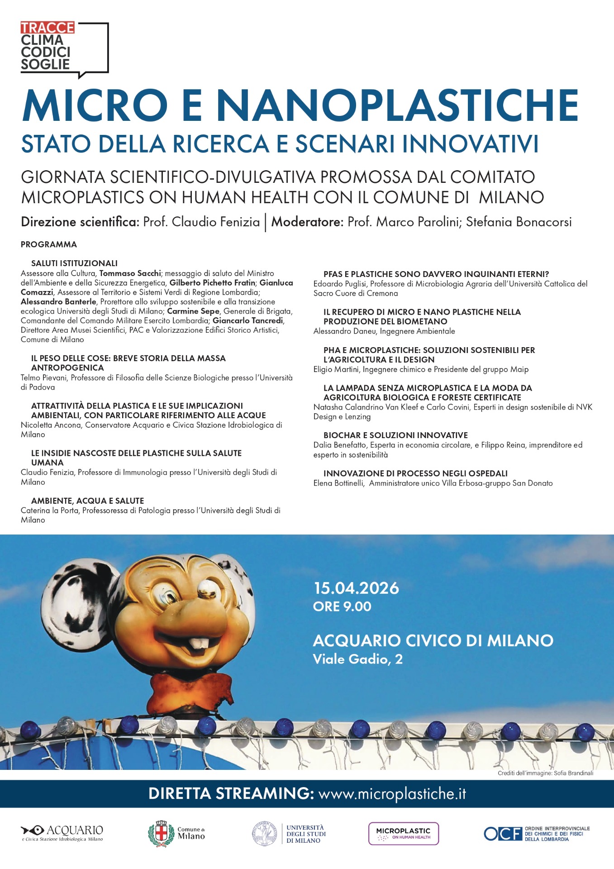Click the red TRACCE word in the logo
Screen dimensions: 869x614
click(47, 28)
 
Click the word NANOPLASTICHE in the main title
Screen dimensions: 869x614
click(397, 105)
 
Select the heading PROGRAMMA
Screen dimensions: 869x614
click(49, 244)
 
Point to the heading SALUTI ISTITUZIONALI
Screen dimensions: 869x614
click(74, 263)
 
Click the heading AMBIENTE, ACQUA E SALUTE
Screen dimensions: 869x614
click(87, 501)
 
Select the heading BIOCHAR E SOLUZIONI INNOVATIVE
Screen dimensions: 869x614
click(395, 435)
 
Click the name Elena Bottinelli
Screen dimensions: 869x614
click(338, 483)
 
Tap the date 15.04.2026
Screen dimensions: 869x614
click(356, 588)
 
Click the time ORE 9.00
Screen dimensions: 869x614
click(342, 606)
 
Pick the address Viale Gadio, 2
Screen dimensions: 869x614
click(357, 659)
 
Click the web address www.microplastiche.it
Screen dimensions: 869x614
click(392, 793)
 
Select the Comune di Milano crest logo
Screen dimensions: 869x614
click(161, 833)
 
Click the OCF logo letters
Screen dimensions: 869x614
click(503, 834)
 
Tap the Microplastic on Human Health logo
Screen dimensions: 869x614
click(404, 833)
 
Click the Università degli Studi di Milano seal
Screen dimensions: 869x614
click(265, 834)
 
